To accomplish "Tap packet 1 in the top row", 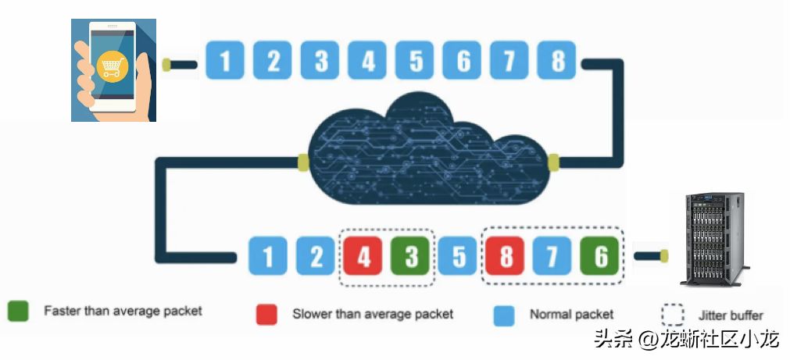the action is click(225, 60).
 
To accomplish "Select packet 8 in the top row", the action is click(556, 60).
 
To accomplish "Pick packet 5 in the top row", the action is click(415, 60).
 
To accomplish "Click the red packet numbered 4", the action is click(363, 256).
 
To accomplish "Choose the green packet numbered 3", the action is click(410, 256).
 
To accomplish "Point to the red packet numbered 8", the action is click(506, 256).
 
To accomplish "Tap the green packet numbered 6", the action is click(600, 256).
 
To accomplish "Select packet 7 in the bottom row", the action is click(552, 256).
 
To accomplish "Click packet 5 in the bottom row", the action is click(458, 256).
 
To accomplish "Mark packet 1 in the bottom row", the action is click(268, 256).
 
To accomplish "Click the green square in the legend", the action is click(18, 311).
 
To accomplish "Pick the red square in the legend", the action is click(266, 315).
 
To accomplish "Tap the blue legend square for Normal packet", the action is click(504, 315).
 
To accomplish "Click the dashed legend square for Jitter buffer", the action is click(673, 315).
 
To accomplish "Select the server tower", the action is click(715, 240).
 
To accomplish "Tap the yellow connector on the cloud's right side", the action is click(553, 162).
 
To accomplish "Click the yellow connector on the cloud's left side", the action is click(303, 162).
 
